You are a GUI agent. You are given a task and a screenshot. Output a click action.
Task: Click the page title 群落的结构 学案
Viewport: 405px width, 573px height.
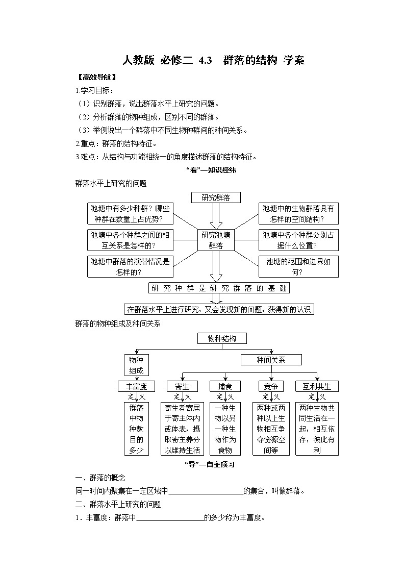click(x=213, y=60)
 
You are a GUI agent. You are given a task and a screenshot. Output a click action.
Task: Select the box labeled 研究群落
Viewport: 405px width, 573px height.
click(x=216, y=198)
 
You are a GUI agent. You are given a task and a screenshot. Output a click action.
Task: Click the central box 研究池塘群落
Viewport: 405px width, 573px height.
click(x=216, y=240)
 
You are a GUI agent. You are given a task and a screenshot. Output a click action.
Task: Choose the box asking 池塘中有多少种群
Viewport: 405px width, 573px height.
click(x=131, y=214)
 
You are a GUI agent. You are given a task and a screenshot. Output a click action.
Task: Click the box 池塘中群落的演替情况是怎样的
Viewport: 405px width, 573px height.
click(x=130, y=266)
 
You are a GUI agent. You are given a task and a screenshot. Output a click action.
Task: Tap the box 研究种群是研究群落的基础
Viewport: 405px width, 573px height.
click(x=219, y=288)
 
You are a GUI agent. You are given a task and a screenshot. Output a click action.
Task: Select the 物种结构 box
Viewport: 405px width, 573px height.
click(x=221, y=338)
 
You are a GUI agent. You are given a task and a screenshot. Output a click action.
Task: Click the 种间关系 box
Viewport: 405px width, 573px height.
click(x=271, y=360)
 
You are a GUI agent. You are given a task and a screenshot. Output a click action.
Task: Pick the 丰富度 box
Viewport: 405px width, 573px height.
click(x=136, y=386)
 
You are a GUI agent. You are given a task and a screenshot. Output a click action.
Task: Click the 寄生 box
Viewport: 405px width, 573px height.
click(x=182, y=386)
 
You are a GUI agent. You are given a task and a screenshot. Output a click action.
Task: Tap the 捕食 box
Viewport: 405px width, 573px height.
click(x=225, y=386)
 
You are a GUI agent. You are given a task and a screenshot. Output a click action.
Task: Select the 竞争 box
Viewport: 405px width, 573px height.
click(x=271, y=386)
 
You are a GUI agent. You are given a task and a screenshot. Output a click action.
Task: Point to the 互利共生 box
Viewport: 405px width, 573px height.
click(x=317, y=386)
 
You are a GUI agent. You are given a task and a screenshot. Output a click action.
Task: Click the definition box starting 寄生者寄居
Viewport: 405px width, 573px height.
click(x=182, y=429)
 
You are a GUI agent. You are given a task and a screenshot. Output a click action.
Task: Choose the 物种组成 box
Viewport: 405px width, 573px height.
click(x=136, y=365)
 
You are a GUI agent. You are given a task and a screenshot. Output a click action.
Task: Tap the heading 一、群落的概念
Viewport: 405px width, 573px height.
click(x=100, y=478)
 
